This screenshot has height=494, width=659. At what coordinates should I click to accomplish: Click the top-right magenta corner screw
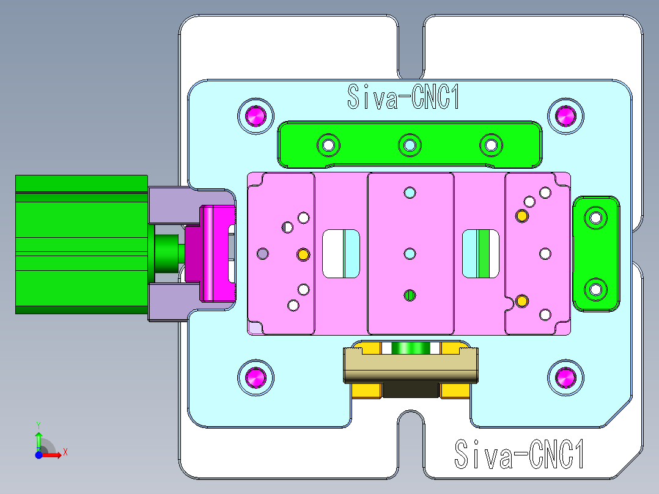pos(566,115)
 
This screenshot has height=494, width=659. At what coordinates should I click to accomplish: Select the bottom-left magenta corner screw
pos(256,379)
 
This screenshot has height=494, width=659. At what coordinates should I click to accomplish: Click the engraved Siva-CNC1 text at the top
pos(403,97)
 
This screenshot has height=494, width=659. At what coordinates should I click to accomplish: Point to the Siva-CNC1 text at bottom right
pos(521,455)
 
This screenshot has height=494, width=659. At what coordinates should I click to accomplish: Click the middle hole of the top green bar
pos(409,145)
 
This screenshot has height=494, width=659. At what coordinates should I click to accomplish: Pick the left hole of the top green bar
pos(328,145)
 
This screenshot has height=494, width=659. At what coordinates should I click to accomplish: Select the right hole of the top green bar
pos(490,145)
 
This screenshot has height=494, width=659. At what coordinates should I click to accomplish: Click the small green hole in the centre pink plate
pos(410,296)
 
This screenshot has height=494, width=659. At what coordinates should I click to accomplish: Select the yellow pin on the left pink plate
pos(303,254)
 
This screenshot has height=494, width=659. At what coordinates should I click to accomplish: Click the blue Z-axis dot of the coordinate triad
pos(39,455)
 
